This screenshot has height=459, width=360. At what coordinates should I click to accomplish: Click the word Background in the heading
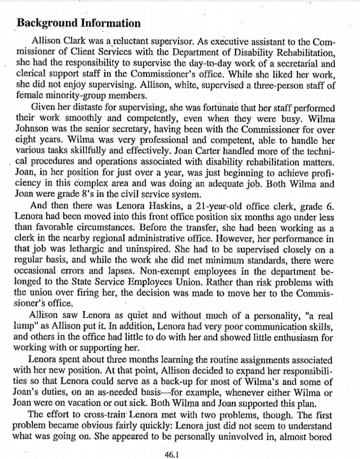pyautogui.click(x=47, y=24)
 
